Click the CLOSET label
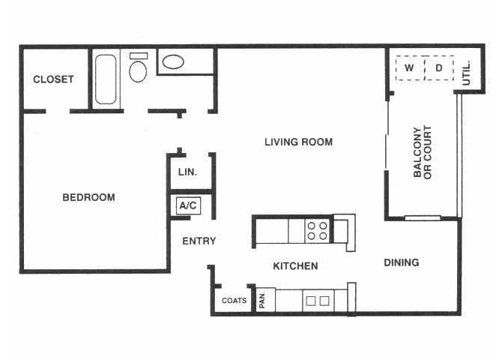[x=53, y=79]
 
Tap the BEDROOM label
[x=88, y=197]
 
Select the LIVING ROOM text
[x=298, y=142]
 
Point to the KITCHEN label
[x=295, y=265]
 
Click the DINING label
[x=401, y=262]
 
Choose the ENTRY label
[x=199, y=241]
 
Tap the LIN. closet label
[x=187, y=172]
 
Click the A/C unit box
[x=187, y=205]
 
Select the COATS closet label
[x=234, y=301]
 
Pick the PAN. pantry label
[x=264, y=300]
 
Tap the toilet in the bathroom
[x=138, y=69]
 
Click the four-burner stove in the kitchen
[x=317, y=230]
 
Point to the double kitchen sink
[x=317, y=301]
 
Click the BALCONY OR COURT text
[x=423, y=151]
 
